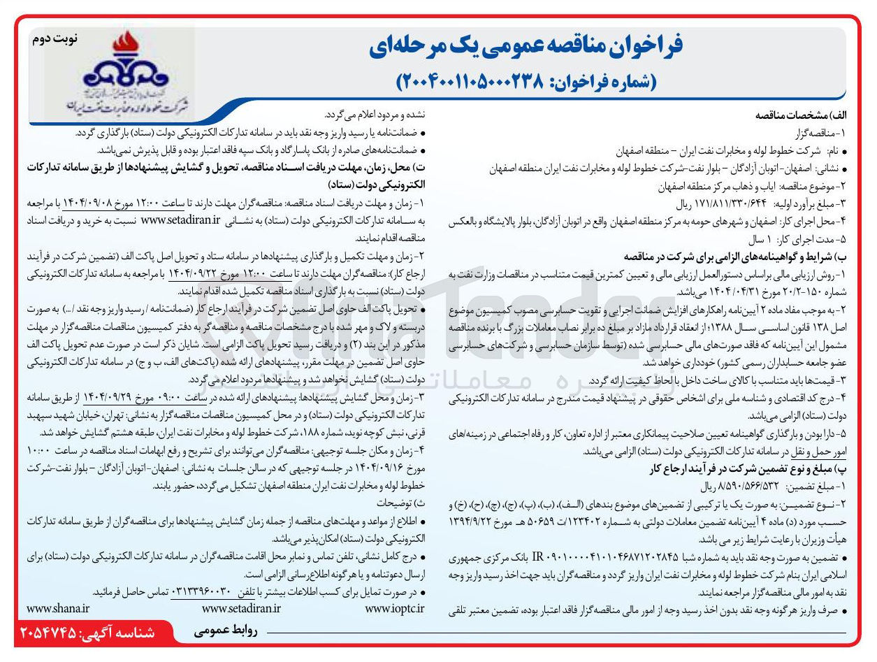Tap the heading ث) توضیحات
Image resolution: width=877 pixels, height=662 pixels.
point(399,503)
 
